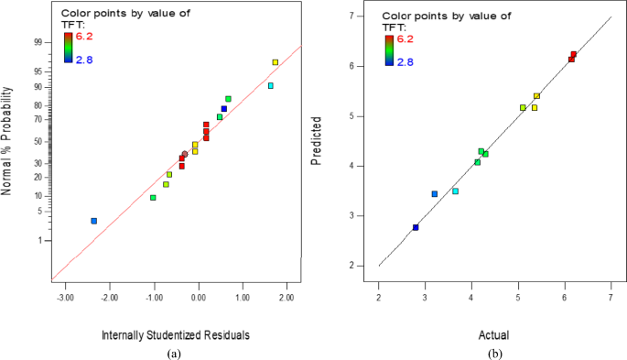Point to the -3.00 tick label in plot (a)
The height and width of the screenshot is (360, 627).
[x=65, y=298]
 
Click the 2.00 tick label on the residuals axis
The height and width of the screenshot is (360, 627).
[x=286, y=298]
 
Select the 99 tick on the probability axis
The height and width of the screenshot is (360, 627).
[x=38, y=42]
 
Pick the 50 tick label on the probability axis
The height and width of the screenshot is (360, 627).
[x=38, y=142]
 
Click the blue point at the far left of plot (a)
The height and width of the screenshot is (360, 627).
[x=93, y=221]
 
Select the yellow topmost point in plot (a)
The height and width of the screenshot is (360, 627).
[x=275, y=62]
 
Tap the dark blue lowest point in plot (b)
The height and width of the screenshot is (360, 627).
[x=416, y=227]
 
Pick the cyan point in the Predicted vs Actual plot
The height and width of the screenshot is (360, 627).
[x=455, y=191]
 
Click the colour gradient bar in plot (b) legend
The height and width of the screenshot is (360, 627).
[x=388, y=49]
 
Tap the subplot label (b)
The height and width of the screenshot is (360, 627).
[x=494, y=352]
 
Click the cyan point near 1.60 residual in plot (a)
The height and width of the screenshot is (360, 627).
[x=270, y=86]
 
